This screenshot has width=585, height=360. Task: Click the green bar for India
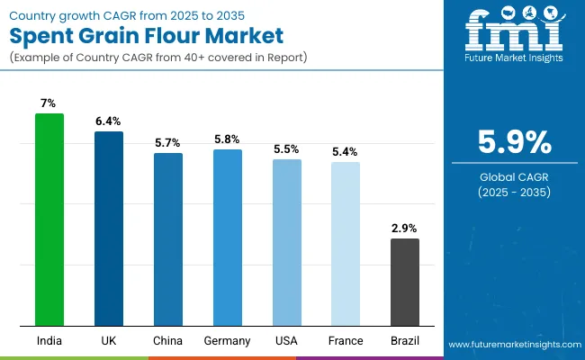click(x=49, y=220)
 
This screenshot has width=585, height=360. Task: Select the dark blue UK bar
click(x=109, y=229)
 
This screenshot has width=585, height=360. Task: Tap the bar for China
click(x=168, y=239)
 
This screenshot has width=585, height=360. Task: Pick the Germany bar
click(x=228, y=238)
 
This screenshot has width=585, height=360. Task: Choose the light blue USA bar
click(x=287, y=242)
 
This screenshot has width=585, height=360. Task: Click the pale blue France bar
click(x=346, y=244)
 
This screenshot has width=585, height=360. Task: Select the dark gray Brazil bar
click(x=405, y=282)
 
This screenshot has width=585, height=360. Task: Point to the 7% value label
click(x=49, y=103)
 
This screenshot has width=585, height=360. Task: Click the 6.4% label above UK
click(x=109, y=121)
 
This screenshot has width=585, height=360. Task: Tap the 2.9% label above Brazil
click(x=405, y=228)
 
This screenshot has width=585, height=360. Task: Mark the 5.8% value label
click(x=228, y=139)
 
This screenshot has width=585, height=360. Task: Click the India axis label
click(x=49, y=341)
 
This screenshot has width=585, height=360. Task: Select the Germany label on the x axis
click(x=228, y=341)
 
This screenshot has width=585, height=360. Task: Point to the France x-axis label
click(x=346, y=341)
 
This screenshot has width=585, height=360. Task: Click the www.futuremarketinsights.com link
click(x=513, y=345)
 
